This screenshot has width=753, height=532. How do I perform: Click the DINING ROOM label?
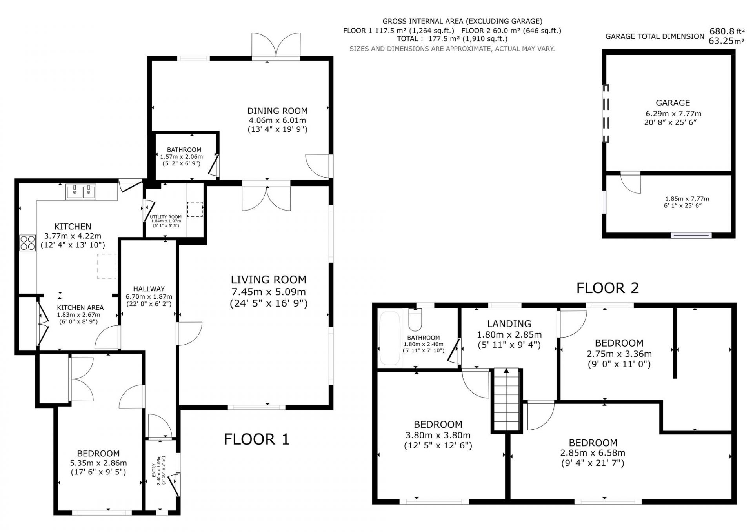277,111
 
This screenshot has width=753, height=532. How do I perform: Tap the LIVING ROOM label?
268,280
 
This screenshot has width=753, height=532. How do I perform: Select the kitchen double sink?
81,192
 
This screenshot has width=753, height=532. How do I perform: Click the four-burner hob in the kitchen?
27,242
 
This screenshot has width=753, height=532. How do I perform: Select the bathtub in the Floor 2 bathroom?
389,338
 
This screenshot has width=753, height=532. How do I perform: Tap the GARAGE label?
673,103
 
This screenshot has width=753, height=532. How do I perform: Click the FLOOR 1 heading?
256,439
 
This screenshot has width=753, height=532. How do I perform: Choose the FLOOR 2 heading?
607,288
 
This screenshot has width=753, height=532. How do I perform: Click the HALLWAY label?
149,289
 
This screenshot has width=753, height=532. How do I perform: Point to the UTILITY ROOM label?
166,217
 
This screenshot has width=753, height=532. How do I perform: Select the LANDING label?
509,323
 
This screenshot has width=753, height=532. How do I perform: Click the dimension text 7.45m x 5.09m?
268,292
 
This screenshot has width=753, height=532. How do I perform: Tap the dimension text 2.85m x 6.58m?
593,453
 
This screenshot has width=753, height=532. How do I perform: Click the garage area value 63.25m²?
726,41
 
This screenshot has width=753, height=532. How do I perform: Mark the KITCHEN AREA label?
80,308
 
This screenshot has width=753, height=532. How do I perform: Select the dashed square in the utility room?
195,209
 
